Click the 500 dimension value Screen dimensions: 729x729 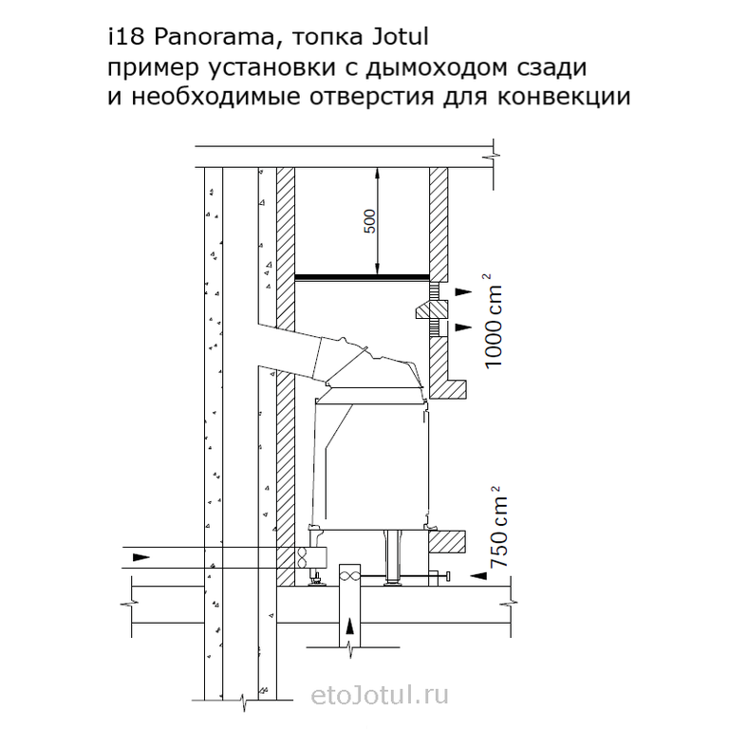tap(369, 222)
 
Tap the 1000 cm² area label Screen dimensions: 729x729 tap(493, 321)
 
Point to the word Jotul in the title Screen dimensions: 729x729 tap(400, 37)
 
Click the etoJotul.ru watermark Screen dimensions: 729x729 tap(380, 696)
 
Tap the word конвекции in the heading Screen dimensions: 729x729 tap(564, 97)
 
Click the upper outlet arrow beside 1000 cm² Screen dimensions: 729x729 tap(463, 292)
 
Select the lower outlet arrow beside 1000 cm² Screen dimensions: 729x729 tap(463, 327)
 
